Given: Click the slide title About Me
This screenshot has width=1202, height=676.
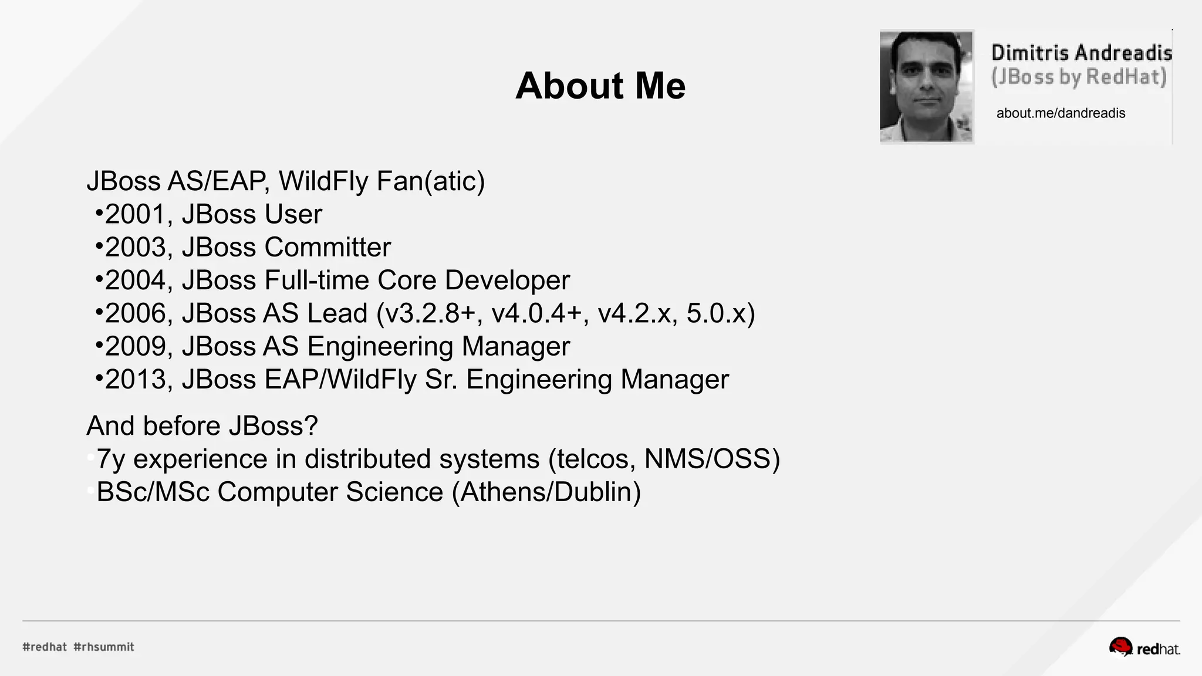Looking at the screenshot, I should [x=600, y=86].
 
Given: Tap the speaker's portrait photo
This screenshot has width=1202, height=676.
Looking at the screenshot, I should [x=926, y=86].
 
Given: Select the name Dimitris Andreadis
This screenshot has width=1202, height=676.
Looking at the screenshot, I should [x=1081, y=53].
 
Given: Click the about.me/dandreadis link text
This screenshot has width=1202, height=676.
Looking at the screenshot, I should [x=1061, y=113].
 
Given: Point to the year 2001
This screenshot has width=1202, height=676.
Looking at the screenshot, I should [x=134, y=215].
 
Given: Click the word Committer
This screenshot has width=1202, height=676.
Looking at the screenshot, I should [x=327, y=248].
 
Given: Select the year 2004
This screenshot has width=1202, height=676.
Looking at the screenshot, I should [x=134, y=280].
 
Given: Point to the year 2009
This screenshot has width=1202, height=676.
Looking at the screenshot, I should [x=134, y=347].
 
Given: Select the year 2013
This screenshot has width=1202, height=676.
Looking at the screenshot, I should [x=134, y=380].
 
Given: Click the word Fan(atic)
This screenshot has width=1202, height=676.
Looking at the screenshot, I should [x=431, y=181].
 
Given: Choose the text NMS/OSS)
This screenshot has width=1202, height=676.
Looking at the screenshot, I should [x=712, y=459].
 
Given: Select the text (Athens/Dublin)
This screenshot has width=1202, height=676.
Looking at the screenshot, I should [x=546, y=492].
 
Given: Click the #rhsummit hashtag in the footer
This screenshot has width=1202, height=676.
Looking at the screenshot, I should [x=104, y=647].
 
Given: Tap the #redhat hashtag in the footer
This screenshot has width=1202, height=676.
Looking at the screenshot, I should [x=45, y=647].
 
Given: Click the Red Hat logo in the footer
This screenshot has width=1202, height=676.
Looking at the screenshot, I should [x=1144, y=647].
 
